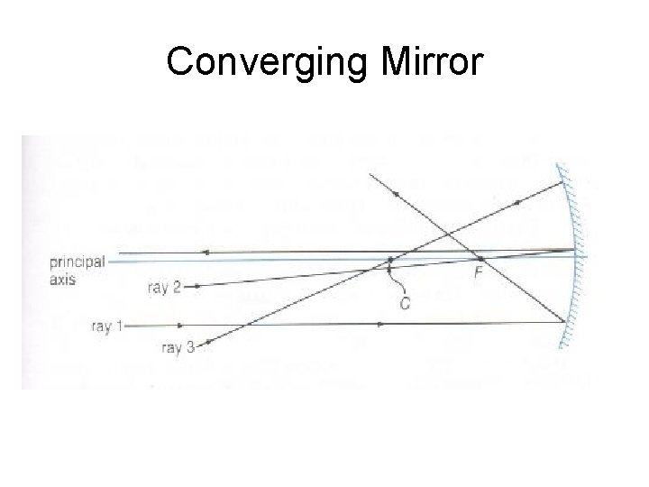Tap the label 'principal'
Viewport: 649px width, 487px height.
coord(77,262)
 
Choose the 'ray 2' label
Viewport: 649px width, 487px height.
coord(163,288)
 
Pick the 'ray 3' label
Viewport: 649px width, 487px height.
coord(176,346)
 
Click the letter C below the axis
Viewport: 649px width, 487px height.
coord(405,304)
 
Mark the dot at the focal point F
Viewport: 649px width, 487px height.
coord(480,259)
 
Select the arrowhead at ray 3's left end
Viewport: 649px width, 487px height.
coord(211,342)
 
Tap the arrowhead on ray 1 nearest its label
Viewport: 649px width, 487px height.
coord(185,322)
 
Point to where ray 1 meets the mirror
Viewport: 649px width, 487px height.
coord(566,322)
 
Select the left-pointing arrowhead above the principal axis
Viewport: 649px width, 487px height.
coord(206,253)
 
